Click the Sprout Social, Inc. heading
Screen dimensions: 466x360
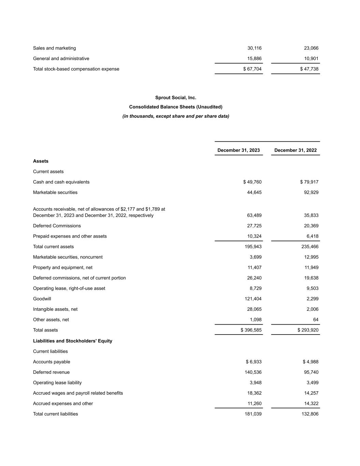(x=176, y=98)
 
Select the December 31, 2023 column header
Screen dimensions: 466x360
(x=239, y=150)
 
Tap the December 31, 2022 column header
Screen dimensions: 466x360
(x=295, y=150)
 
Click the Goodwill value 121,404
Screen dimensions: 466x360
(x=253, y=299)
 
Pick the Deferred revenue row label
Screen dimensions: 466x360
(x=51, y=372)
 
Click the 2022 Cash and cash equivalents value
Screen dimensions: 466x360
(x=309, y=182)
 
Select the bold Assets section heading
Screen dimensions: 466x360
(x=41, y=161)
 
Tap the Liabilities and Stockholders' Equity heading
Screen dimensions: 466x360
(x=73, y=341)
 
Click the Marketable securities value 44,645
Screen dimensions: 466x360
(x=254, y=193)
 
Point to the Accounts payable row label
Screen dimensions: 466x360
(x=52, y=362)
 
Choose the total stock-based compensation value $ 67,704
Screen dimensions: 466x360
(x=252, y=69)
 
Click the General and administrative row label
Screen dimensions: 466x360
(x=61, y=59)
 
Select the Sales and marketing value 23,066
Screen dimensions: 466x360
(x=311, y=48)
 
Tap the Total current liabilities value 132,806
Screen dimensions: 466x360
(x=310, y=414)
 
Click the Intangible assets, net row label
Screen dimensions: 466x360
(x=55, y=309)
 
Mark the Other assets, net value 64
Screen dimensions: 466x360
(x=316, y=320)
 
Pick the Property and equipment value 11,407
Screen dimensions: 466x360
(x=255, y=268)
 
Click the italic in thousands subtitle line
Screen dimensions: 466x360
(x=176, y=116)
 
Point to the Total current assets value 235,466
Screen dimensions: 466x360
(x=310, y=246)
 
